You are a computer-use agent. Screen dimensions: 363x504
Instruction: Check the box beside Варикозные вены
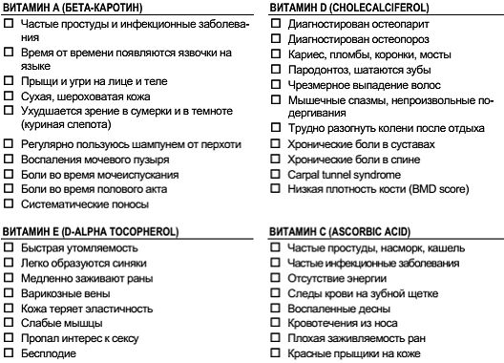[9, 293]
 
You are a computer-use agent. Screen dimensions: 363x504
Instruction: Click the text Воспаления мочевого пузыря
[87, 159]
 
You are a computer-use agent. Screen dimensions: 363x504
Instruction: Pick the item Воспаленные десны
[331, 309]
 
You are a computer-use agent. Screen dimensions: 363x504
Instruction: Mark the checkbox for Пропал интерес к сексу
[9, 339]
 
